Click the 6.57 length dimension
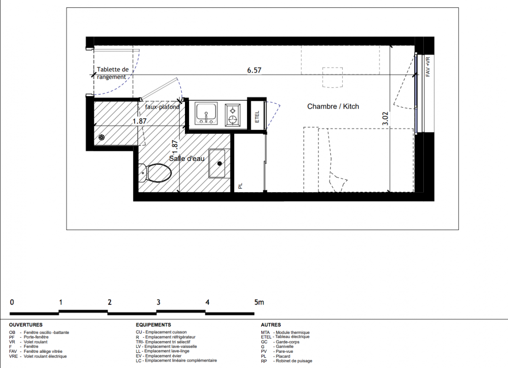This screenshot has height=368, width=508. click(254, 70)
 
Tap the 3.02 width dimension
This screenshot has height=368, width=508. click(385, 119)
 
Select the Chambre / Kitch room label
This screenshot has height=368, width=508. click(333, 106)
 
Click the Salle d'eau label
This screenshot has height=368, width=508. click(187, 158)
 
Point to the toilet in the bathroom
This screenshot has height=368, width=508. click(155, 172)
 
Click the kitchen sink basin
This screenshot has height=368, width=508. click(206, 113)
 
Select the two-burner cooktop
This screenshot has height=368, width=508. click(233, 115)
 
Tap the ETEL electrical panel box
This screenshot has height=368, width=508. click(257, 116)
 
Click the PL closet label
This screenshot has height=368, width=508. click(240, 186)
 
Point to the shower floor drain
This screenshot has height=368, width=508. click(101, 138)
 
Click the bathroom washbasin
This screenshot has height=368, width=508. click(217, 164)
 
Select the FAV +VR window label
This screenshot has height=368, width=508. click(427, 67)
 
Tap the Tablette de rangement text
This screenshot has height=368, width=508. click(112, 73)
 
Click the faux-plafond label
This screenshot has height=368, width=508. click(162, 107)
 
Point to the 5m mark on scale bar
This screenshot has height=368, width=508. click(259, 302)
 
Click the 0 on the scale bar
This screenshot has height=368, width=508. click(12, 302)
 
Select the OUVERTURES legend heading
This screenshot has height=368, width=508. click(26, 325)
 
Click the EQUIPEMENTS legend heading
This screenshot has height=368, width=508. click(153, 325)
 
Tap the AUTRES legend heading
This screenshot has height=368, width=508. click(271, 325)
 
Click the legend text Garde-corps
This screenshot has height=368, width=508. click(288, 342)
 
